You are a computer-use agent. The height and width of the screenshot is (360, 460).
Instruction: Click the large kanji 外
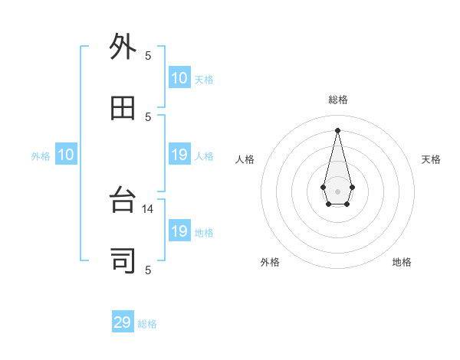[x=123, y=47]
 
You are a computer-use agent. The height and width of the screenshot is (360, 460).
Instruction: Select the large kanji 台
[x=123, y=201]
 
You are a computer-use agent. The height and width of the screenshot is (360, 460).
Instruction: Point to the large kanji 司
[x=123, y=261]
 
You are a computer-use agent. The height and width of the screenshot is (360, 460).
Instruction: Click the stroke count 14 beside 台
[x=149, y=208]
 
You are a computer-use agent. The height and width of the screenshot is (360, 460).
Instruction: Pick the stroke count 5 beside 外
[x=148, y=55]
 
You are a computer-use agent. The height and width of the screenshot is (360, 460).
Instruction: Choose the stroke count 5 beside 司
[x=148, y=270]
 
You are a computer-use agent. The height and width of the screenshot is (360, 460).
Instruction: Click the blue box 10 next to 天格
[x=179, y=78]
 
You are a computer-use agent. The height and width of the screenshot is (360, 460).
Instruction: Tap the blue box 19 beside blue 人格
[x=179, y=155]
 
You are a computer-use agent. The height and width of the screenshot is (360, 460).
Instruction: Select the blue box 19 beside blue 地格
[x=179, y=231]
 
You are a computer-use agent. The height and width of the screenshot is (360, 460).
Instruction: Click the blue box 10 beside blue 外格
[x=66, y=155]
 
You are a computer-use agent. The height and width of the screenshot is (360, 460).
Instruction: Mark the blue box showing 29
[x=123, y=322]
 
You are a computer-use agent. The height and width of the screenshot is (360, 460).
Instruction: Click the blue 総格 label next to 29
[x=147, y=324]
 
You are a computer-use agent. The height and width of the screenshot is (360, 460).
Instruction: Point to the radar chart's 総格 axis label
[x=338, y=100]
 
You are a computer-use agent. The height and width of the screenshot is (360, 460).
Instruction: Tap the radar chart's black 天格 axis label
[x=431, y=159]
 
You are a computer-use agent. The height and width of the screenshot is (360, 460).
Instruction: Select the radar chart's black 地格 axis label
[x=402, y=262]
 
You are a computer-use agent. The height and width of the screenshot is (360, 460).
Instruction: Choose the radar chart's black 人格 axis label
[x=245, y=159]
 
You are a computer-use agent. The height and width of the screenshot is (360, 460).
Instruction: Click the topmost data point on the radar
[x=338, y=129]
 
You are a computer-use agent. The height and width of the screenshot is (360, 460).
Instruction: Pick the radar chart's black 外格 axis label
[x=270, y=262]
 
